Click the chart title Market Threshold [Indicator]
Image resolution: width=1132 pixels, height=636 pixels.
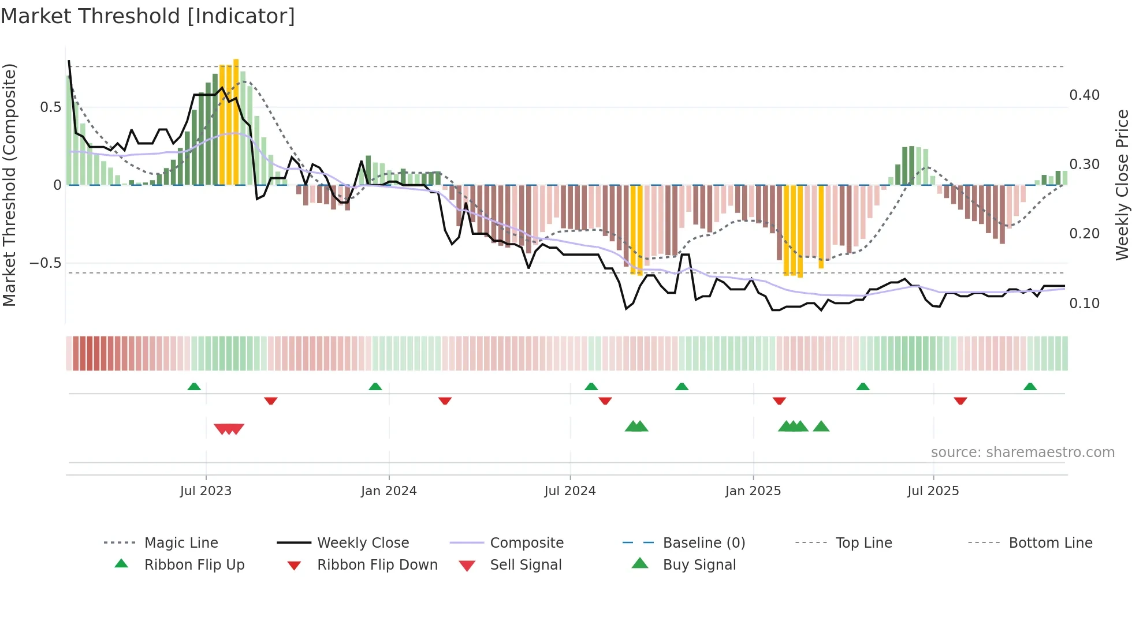point(148,16)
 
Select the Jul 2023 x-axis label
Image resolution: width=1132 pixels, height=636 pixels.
point(206,491)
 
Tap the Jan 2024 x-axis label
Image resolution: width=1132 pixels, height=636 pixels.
point(389,491)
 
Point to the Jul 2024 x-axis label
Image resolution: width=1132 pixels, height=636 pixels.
point(570,491)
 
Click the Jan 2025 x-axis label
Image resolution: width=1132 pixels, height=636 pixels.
point(753,491)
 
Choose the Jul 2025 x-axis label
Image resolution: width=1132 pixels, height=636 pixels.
point(933,491)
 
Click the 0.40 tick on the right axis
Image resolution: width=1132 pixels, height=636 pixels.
point(1085,95)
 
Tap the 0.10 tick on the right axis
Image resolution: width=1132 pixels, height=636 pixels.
point(1085,304)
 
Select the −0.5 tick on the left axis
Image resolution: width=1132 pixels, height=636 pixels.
point(45,263)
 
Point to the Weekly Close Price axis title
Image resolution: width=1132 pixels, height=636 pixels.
point(1122,185)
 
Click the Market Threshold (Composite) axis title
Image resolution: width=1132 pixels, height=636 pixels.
point(9,185)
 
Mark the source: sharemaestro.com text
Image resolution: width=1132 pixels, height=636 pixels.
point(1022,452)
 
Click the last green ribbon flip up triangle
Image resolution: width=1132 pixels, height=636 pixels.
point(1030,387)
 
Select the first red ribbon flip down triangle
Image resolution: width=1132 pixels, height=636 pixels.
point(271,401)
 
